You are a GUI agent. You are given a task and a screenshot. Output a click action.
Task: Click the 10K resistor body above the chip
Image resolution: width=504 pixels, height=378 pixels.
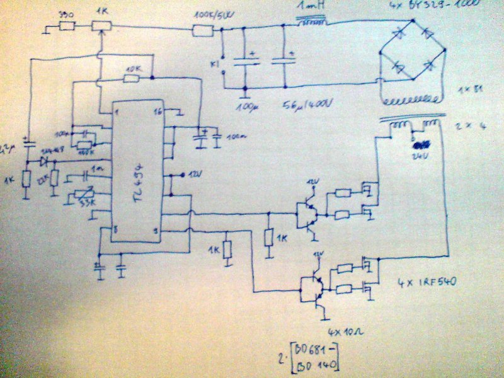pos(131,78)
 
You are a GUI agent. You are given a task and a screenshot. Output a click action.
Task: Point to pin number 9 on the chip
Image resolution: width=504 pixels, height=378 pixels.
pos(155,231)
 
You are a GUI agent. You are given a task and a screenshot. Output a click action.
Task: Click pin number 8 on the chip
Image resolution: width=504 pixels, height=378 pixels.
pos(116,230)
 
